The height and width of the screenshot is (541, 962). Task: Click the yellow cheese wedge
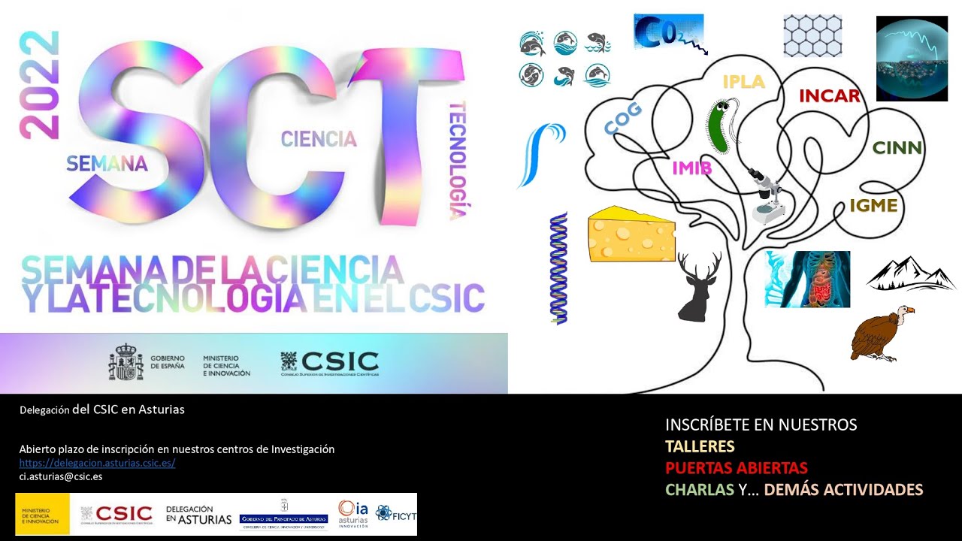coord(630,235)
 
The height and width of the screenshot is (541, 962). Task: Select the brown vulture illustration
coord(880,333)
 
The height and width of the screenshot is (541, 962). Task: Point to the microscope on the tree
coord(764,195)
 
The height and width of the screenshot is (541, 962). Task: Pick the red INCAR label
coord(829,96)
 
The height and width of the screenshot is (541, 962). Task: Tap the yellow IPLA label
coord(743,82)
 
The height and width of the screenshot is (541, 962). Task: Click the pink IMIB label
coord(691,167)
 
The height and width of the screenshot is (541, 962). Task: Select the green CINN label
coord(897,147)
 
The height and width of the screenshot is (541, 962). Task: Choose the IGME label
coord(873,205)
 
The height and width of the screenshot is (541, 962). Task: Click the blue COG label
coord(623,119)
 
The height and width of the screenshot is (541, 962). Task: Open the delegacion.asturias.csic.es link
coord(97,463)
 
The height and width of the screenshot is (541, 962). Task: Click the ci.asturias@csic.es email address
coord(61,476)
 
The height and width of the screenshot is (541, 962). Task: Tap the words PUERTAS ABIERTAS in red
coord(737,467)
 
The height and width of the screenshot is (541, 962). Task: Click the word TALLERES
coord(700,446)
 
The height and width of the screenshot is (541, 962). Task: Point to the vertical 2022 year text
coord(38,85)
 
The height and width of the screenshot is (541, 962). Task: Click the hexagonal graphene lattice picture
coord(812,36)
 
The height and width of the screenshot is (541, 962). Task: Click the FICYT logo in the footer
coord(395,514)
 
